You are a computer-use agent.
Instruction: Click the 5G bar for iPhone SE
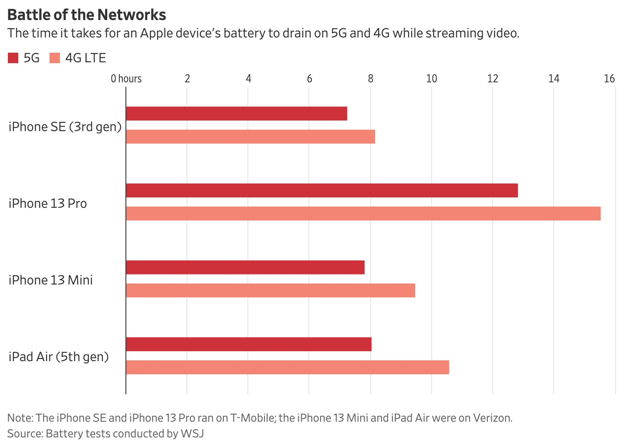[x=237, y=114]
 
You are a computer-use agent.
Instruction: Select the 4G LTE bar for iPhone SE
[x=250, y=137]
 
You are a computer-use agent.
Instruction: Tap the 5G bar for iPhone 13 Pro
[x=322, y=191]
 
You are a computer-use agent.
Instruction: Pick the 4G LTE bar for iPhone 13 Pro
[x=363, y=213]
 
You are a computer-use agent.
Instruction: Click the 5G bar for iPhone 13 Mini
[x=245, y=268]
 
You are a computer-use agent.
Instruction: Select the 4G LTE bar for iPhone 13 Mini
[x=271, y=291]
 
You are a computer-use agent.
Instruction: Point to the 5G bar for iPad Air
[x=249, y=344]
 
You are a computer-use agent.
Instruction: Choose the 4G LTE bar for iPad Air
[x=287, y=367]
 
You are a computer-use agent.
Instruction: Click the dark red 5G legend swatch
[x=13, y=58]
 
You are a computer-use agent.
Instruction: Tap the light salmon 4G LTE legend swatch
[x=55, y=58]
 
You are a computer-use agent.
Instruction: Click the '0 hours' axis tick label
[x=126, y=79]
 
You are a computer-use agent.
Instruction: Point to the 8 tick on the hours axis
[x=371, y=79]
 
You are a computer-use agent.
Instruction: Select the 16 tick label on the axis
[x=609, y=79]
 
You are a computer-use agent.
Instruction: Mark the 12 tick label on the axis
[x=493, y=79]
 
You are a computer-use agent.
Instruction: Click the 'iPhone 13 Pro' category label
[x=48, y=203]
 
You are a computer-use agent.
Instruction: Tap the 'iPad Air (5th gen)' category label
[x=59, y=357]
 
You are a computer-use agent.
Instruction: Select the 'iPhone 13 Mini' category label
[x=51, y=280]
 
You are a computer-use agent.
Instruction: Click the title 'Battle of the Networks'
[x=87, y=15]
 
